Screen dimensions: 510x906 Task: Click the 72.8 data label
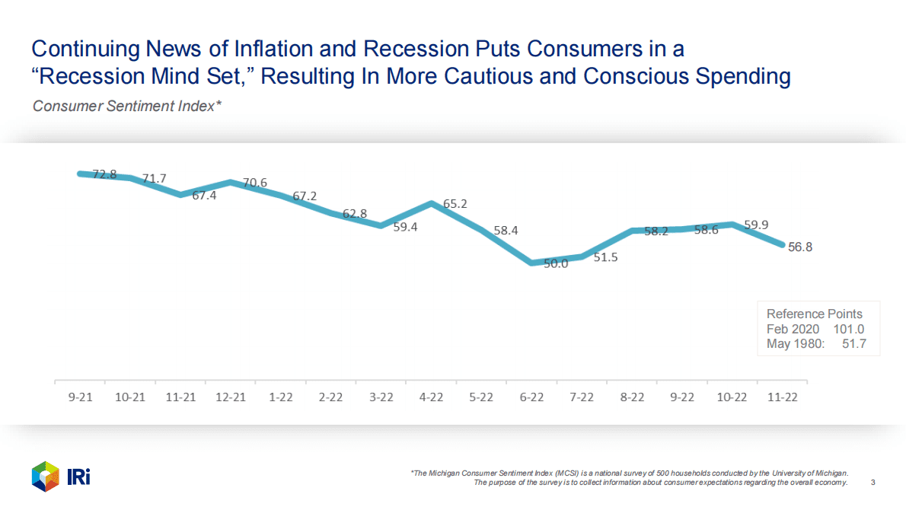click(104, 174)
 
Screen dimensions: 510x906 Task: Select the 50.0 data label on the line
click(556, 265)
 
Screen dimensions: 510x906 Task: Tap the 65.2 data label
click(454, 204)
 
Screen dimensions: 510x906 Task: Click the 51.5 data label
click(605, 257)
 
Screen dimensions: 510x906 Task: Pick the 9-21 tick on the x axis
click(80, 397)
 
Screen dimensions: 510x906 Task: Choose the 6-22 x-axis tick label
click(532, 397)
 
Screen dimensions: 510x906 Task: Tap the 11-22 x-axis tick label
click(783, 397)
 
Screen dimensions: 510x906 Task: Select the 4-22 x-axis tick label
click(432, 397)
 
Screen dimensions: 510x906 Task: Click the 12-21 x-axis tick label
click(231, 397)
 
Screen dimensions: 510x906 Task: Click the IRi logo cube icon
click(45, 477)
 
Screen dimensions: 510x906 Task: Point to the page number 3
click(873, 483)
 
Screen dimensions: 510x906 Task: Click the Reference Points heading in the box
click(815, 314)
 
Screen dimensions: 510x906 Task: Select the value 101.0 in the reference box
click(849, 329)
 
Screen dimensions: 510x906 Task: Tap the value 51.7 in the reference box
click(852, 344)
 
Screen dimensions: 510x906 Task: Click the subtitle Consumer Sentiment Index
click(126, 106)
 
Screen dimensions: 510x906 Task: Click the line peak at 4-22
click(432, 203)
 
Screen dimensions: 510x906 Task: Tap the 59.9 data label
click(756, 225)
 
